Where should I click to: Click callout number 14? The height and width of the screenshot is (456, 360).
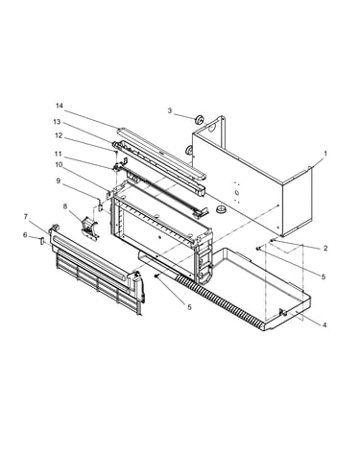[x=60, y=106]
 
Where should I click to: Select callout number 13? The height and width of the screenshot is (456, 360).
[x=57, y=122]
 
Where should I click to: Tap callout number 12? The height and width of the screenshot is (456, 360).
[x=59, y=135]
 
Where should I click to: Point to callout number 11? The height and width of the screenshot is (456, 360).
[x=58, y=154]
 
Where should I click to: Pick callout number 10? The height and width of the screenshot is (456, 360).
[x=59, y=165]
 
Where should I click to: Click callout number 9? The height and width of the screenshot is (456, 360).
[x=58, y=180]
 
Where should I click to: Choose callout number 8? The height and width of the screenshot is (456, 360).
[x=65, y=206]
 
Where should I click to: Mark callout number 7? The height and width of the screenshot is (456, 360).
[x=26, y=217]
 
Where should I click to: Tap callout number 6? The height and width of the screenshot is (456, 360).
[x=25, y=235]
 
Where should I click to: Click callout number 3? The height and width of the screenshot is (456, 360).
[x=170, y=110]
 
